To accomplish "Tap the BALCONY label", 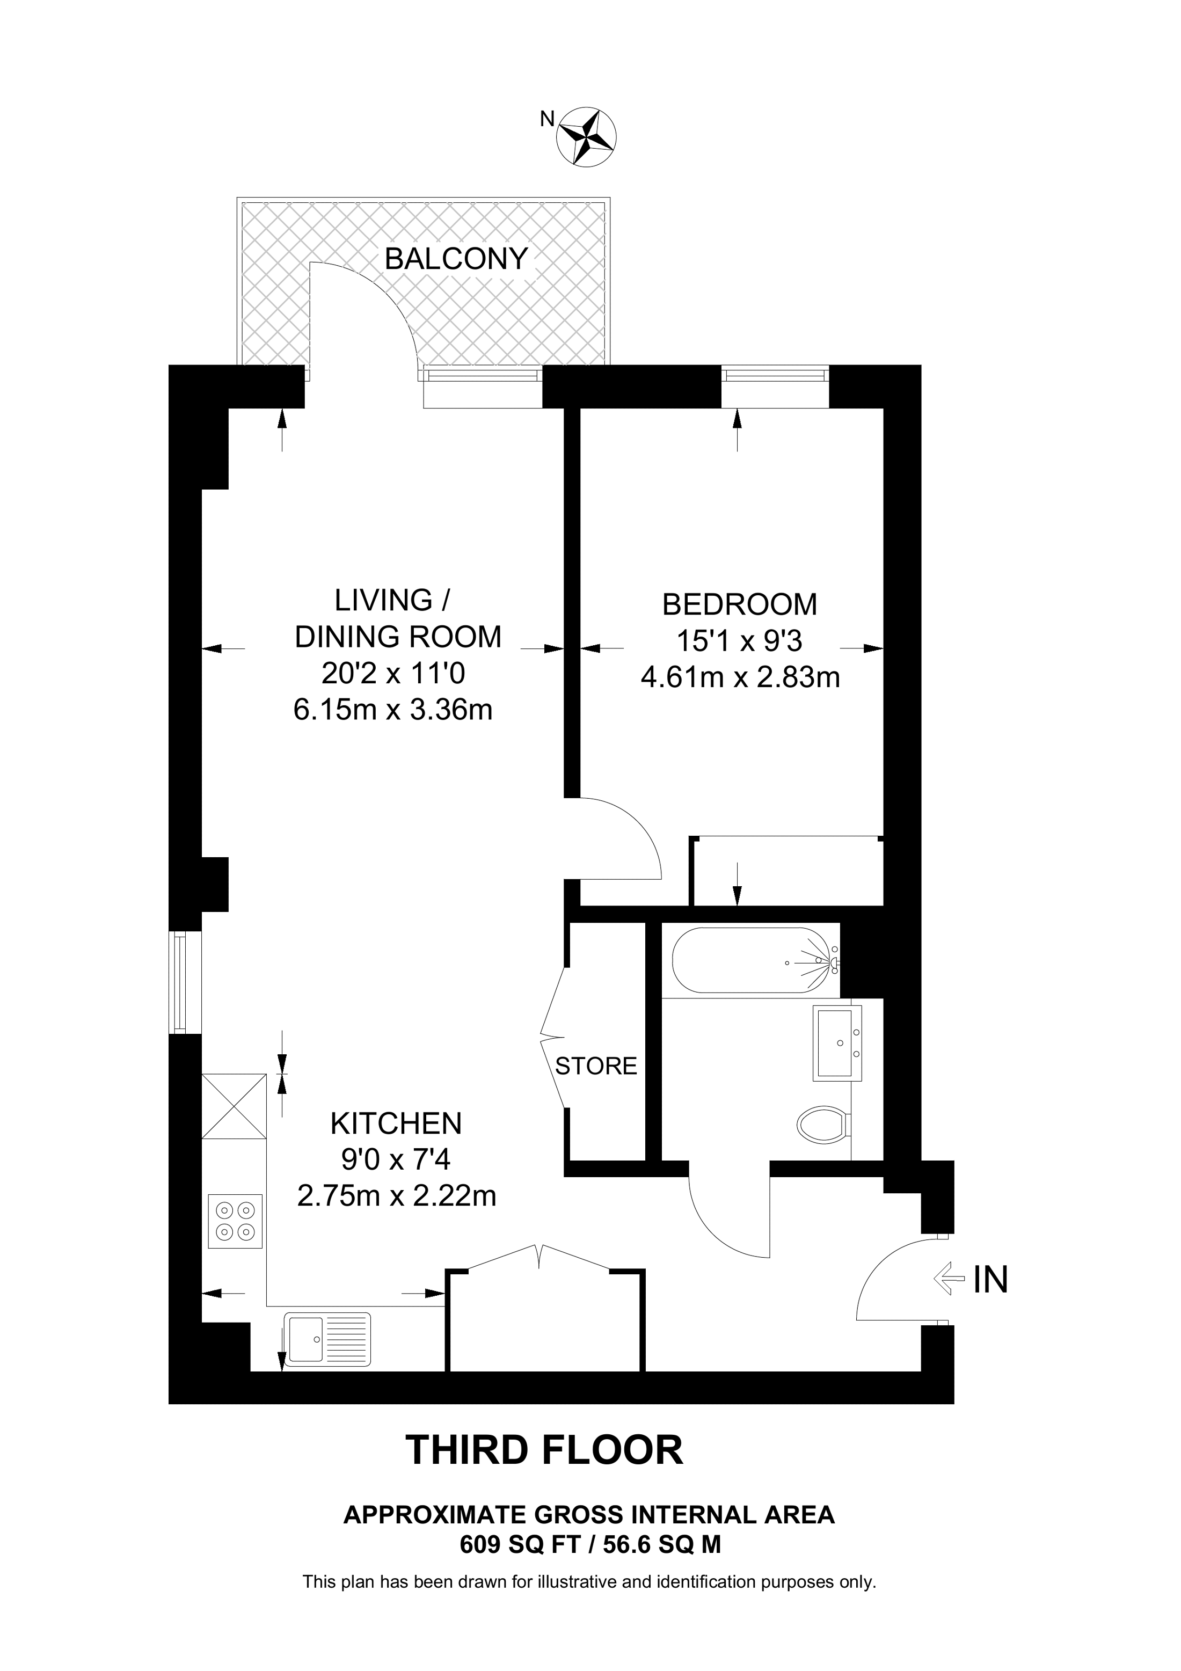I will click(456, 259).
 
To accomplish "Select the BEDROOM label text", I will click(739, 605).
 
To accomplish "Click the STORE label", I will click(596, 1066).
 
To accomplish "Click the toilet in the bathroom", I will click(825, 1125).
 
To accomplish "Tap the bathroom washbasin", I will click(837, 1042).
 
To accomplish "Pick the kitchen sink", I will click(327, 1337).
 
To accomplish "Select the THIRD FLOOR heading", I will click(544, 1450).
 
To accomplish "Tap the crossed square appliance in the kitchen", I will click(234, 1106).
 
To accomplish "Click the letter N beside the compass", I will click(546, 119).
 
